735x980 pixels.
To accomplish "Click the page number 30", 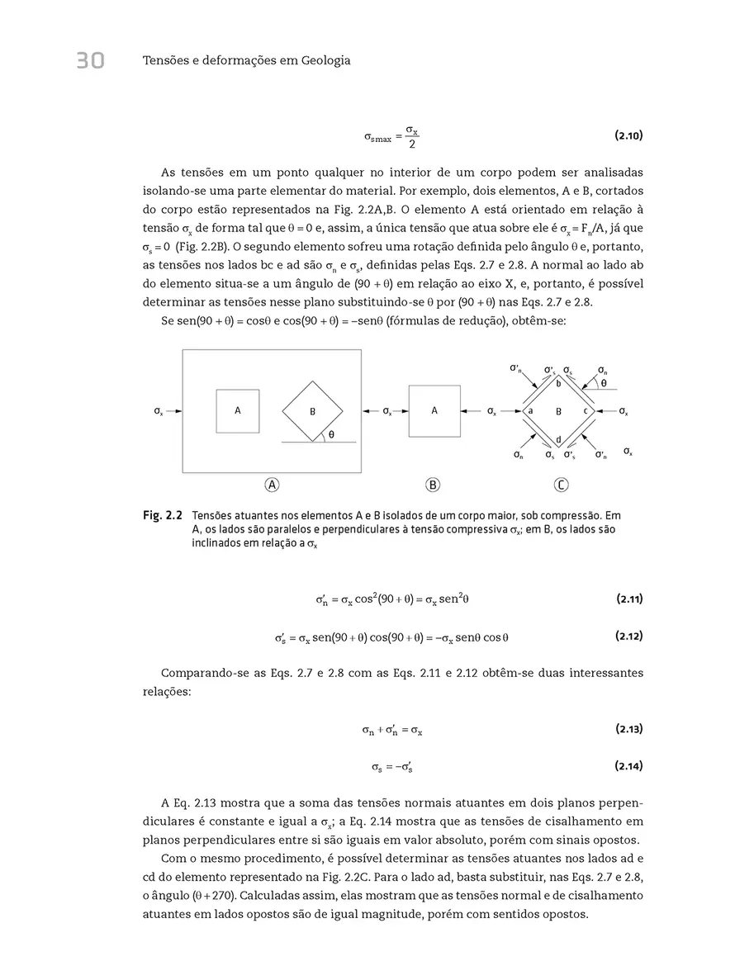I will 90,60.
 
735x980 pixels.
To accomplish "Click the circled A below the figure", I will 271,485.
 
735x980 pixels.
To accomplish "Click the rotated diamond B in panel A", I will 312,410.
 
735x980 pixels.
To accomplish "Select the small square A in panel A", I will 238,410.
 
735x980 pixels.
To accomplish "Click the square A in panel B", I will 434,410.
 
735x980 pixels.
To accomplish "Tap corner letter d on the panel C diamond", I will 558,438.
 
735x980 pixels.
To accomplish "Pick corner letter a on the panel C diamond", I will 531,410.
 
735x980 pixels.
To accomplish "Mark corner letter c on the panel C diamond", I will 586,410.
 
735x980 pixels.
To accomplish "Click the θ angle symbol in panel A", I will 331,434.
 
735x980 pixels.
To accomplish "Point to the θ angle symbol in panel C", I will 604,383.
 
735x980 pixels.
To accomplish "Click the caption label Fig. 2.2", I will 162,515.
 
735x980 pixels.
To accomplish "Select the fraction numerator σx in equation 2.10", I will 411,130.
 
